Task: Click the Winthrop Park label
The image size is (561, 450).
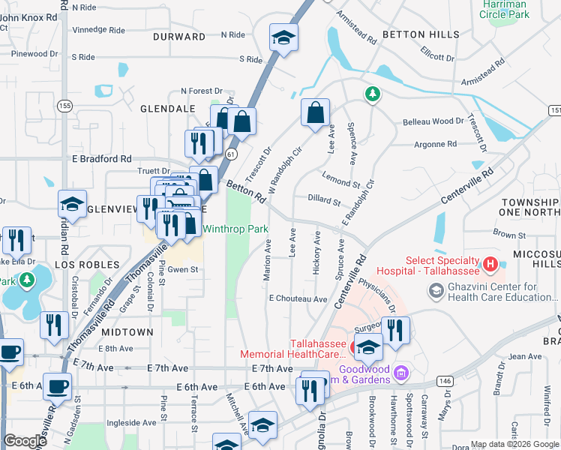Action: coord(235,229)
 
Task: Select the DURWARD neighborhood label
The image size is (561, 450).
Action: coord(179,36)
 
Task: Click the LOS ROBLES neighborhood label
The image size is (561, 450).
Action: coord(87,265)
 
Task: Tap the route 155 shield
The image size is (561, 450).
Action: coord(66,106)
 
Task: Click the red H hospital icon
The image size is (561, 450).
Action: coord(490,264)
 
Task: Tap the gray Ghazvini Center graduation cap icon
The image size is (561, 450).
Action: coord(435,289)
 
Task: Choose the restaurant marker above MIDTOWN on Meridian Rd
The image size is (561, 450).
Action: coord(53,325)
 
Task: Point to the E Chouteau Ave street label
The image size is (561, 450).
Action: coord(298,298)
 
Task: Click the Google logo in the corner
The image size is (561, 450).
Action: coord(25,441)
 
